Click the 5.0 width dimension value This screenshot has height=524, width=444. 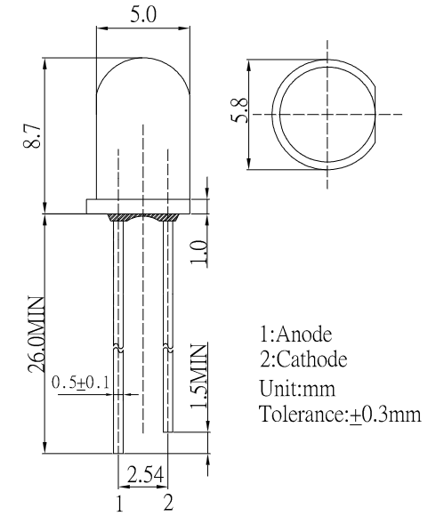pos(142,15)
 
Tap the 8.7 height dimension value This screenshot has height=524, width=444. pos(32,135)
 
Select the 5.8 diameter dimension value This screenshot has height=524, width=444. pos(239,110)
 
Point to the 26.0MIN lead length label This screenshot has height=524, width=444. pos(36,335)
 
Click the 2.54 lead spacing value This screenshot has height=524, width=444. pos(145,474)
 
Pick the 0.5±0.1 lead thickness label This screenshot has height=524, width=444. pos(81,383)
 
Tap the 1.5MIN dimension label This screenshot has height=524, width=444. pos(198,376)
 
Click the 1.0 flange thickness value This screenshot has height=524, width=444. pos(198,252)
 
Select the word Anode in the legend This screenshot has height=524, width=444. pos(304,334)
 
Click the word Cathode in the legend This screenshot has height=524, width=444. pos(312,359)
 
